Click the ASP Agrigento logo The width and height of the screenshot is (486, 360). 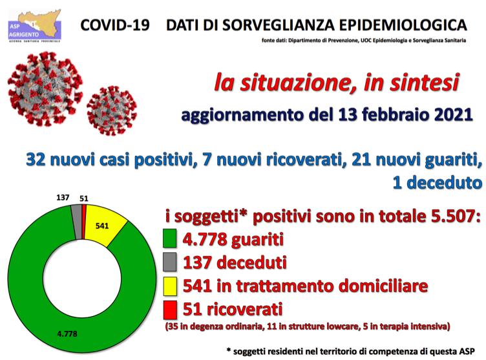[x=34, y=26]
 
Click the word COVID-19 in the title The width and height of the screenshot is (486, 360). [x=115, y=25]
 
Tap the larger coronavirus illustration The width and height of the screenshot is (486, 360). [x=45, y=89]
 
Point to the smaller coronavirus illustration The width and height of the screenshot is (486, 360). [x=112, y=111]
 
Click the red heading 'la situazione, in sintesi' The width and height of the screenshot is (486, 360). [x=337, y=83]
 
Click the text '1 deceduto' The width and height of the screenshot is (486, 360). [x=438, y=182]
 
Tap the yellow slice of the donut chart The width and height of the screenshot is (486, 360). [x=104, y=224]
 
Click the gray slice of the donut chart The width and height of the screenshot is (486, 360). [x=76, y=222]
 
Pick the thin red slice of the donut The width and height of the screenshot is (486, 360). [x=83, y=222]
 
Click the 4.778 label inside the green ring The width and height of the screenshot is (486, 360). [x=67, y=334]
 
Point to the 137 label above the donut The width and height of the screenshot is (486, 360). [x=63, y=198]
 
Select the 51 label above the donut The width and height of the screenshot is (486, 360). [x=84, y=198]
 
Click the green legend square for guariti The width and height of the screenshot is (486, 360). [x=170, y=238]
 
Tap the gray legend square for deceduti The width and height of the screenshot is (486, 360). [x=170, y=262]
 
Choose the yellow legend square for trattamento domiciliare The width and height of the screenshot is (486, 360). [x=170, y=286]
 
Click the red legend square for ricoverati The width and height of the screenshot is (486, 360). [x=170, y=310]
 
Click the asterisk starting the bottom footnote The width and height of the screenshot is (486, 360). [x=229, y=350]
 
